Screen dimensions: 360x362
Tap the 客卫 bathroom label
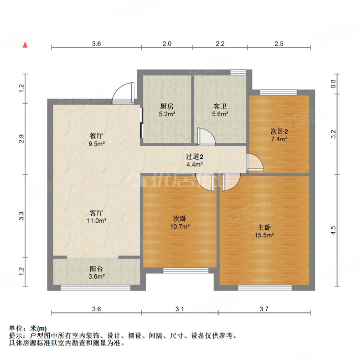pyautogui.click(x=220, y=106)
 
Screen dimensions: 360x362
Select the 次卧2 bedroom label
pyautogui.click(x=278, y=131)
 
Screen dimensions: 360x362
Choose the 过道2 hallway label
pyautogui.click(x=194, y=157)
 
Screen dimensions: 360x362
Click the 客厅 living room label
pyautogui.click(x=96, y=212)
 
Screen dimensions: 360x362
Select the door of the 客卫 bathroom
pyautogui.click(x=204, y=136)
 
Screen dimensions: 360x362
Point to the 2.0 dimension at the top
pyautogui.click(x=167, y=43)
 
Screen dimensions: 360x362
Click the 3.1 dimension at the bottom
pyautogui.click(x=180, y=308)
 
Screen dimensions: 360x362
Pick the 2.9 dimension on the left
pyautogui.click(x=21, y=139)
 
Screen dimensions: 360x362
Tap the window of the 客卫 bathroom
pyautogui.click(x=239, y=71)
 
